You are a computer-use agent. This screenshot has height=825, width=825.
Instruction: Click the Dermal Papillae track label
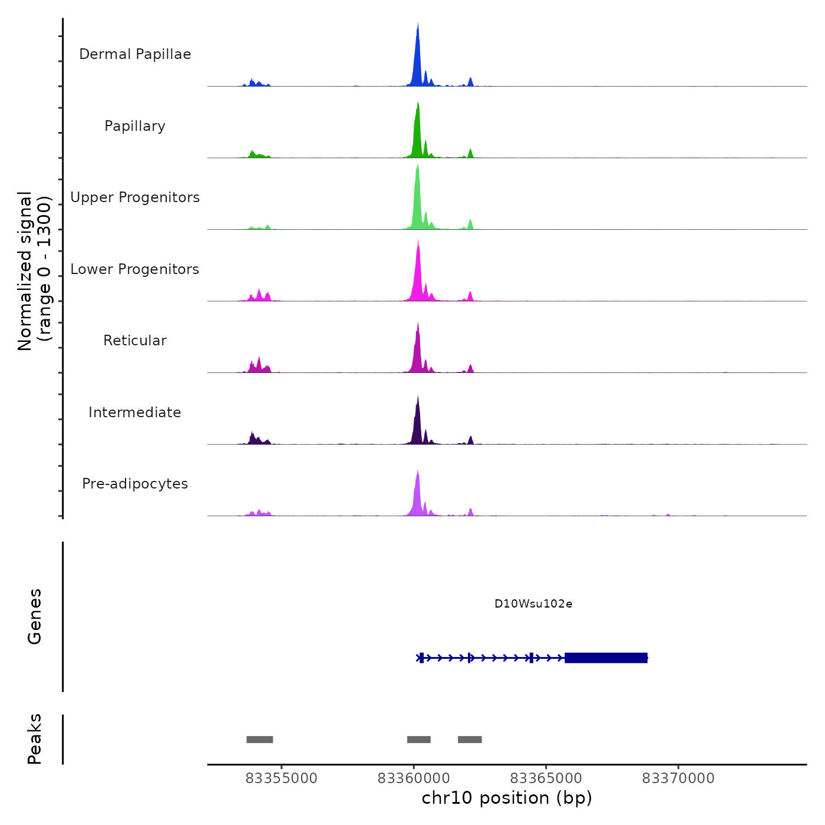point(135,54)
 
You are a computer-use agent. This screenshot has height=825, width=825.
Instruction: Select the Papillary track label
point(135,126)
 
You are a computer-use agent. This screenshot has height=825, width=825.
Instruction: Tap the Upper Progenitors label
point(135,197)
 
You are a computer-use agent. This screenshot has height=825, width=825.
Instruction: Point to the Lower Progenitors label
point(135,269)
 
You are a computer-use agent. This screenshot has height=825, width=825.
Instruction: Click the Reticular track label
point(135,341)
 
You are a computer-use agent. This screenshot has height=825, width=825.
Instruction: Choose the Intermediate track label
point(135,412)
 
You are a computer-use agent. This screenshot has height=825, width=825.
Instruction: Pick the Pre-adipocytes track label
point(135,484)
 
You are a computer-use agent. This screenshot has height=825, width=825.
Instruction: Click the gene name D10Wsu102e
point(533,604)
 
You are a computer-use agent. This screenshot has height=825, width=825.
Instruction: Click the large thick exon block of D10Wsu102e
point(606,658)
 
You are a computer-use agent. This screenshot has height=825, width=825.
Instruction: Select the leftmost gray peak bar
point(260,740)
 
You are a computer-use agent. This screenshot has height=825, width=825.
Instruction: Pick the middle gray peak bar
point(419,740)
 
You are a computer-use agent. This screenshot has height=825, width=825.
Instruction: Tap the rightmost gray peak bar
point(470,740)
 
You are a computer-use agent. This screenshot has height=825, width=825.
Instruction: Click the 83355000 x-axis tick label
point(281,778)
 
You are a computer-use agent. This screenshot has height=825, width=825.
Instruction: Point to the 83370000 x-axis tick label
point(678,778)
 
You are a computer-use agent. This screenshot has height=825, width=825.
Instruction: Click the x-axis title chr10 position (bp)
point(507,798)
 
